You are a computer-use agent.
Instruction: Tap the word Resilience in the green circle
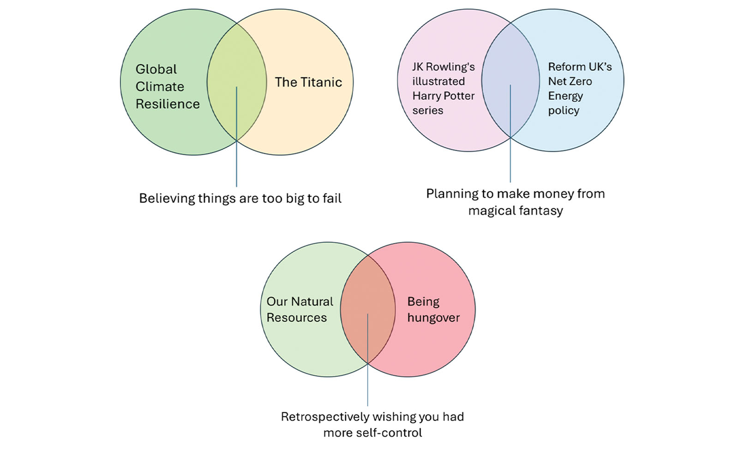click(168, 104)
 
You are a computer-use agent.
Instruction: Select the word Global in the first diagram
click(156, 69)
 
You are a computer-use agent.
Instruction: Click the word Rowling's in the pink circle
click(450, 67)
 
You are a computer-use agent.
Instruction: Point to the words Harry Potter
click(443, 96)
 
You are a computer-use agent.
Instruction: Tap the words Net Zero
click(570, 82)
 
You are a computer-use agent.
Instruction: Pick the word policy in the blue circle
click(564, 111)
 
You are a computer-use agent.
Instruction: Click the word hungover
click(433, 318)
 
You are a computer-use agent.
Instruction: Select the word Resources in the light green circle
click(296, 318)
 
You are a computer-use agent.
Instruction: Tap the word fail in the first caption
click(332, 199)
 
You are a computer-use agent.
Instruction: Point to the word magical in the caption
click(491, 211)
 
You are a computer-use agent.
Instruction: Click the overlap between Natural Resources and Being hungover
click(368, 295)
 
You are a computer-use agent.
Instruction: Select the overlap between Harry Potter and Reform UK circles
click(510, 65)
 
